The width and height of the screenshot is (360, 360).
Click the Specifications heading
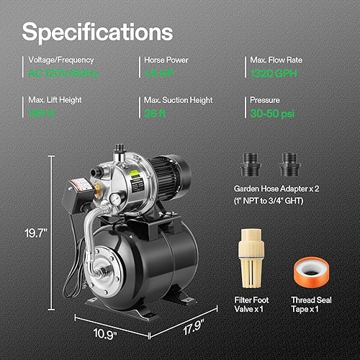97,32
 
